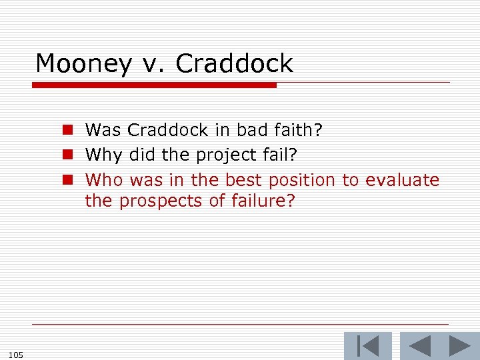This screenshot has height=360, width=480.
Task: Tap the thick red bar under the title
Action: click(154, 85)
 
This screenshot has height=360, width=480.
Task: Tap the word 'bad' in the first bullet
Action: click(248, 129)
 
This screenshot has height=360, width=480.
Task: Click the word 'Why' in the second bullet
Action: click(101, 155)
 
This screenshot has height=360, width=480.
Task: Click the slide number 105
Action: click(17, 355)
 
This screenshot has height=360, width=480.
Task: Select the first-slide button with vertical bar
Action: click(367, 346)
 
